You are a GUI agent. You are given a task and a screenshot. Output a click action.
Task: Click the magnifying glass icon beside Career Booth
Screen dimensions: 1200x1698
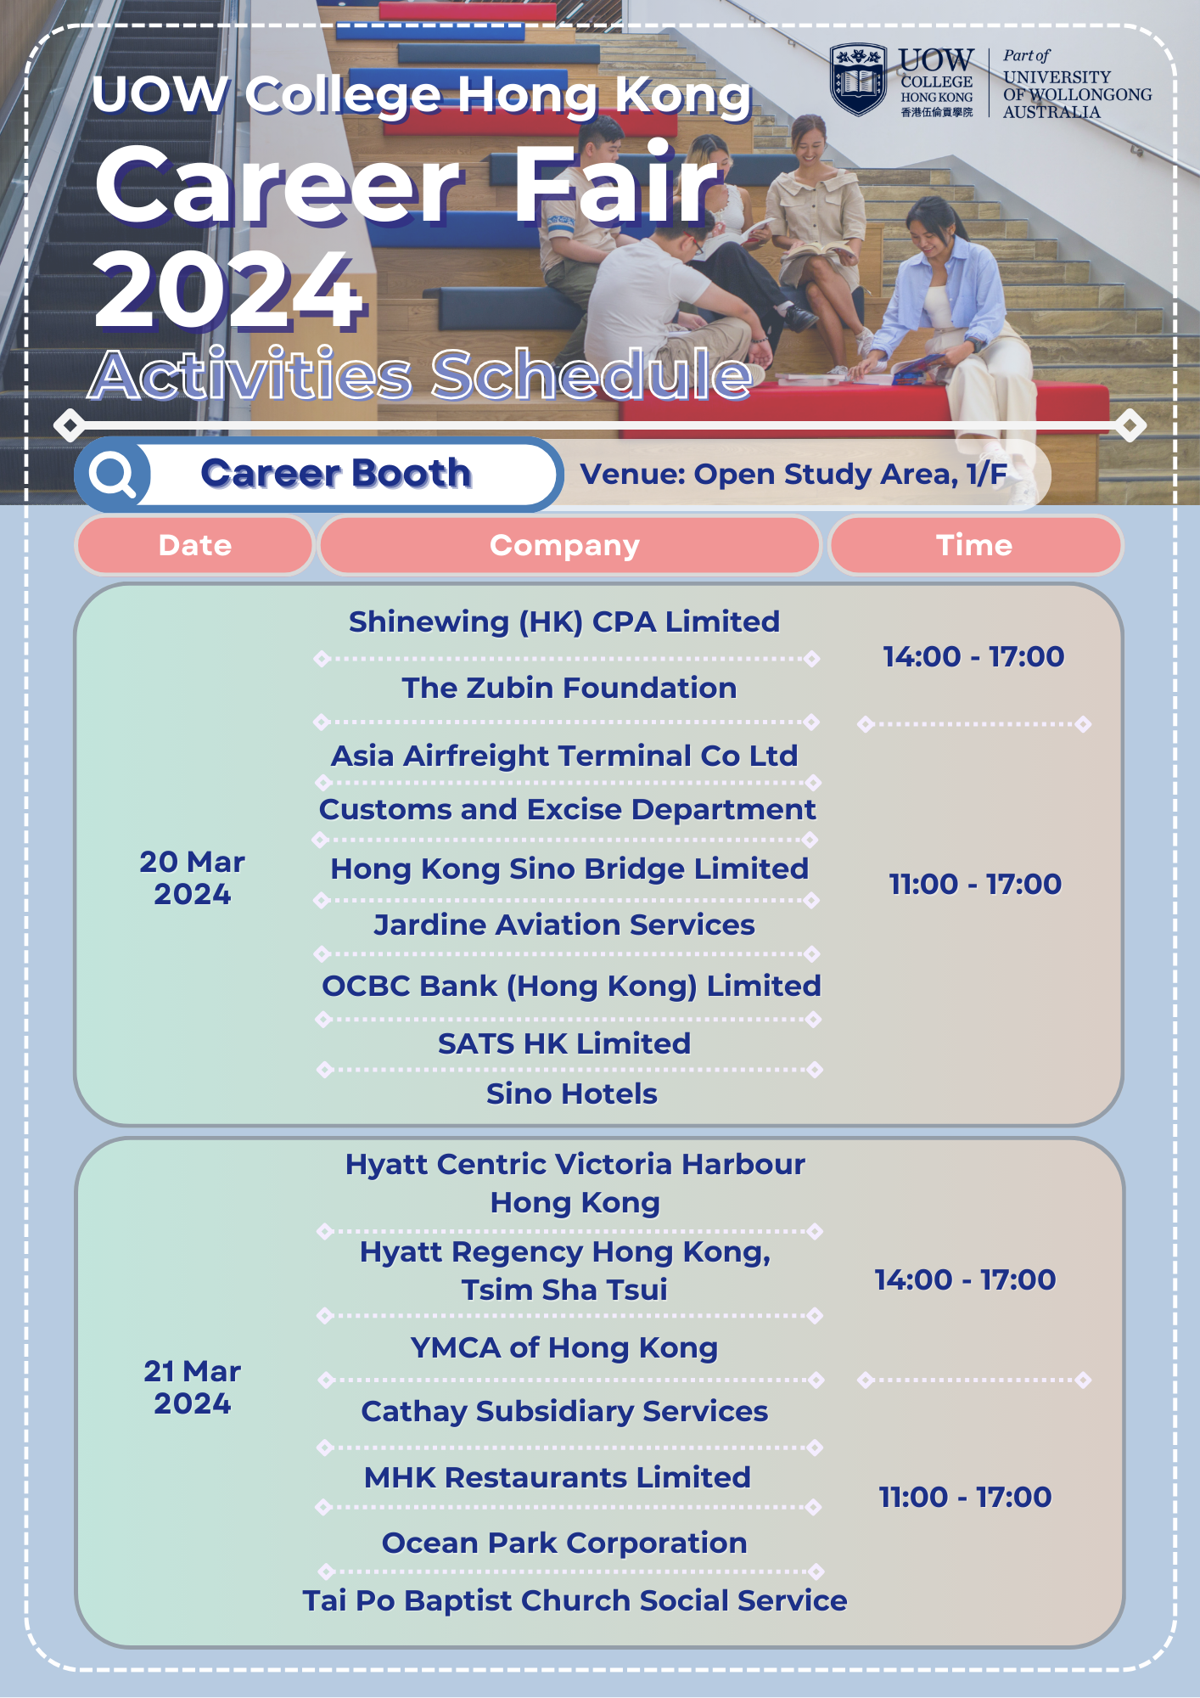(114, 474)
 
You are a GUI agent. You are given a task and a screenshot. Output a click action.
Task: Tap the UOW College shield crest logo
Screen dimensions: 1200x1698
(858, 81)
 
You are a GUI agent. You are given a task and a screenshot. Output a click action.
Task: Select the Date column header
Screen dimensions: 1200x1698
(195, 545)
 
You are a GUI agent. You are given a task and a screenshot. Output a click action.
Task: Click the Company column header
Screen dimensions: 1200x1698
(565, 545)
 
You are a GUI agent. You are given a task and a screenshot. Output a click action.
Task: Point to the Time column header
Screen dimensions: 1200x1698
(974, 545)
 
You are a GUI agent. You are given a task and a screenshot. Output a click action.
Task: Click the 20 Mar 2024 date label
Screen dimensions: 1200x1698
(193, 878)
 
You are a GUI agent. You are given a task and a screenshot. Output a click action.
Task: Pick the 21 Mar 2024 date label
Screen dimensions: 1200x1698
(193, 1387)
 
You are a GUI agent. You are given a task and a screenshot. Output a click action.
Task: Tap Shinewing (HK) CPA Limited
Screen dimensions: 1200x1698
(564, 622)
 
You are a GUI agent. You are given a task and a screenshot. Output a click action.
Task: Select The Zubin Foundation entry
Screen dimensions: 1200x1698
(569, 688)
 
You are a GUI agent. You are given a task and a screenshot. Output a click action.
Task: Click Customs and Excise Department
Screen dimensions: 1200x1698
(568, 810)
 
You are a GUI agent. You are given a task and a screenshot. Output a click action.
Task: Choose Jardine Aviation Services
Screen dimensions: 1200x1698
(564, 925)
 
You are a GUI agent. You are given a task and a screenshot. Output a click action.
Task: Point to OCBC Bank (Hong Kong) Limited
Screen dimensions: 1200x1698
(572, 986)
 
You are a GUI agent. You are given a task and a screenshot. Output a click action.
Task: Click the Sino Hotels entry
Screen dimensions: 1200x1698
(572, 1094)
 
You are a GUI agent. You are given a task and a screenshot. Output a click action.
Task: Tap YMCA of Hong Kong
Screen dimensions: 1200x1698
(564, 1348)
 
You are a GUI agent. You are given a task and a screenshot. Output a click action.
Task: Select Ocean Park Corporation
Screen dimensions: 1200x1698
(564, 1543)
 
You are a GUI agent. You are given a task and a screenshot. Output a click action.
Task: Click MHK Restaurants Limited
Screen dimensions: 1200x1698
(558, 1477)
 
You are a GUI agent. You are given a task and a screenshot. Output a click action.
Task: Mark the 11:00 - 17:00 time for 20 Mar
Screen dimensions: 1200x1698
(975, 884)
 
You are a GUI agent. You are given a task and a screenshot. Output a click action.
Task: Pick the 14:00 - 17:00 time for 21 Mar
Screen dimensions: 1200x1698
(966, 1279)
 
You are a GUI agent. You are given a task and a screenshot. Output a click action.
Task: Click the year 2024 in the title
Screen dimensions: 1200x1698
(229, 291)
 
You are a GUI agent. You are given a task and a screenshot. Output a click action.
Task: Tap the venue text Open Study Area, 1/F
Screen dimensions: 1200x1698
(851, 474)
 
